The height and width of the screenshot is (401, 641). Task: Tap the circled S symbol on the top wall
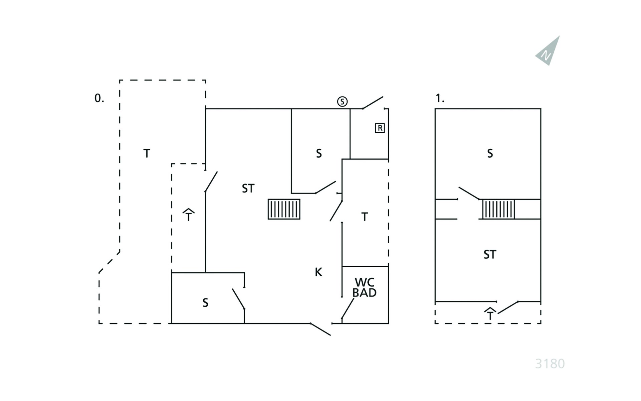coord(342,101)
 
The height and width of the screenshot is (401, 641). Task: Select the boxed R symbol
coord(380,128)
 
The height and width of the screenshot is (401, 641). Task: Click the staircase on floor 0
coord(284,209)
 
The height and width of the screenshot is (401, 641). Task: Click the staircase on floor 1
coord(498,209)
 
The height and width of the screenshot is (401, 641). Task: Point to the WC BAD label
coord(365,287)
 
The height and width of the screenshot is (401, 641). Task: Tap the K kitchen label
coord(318,272)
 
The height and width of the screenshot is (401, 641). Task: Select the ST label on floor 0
coord(248,188)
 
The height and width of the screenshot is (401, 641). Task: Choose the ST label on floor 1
coord(490,255)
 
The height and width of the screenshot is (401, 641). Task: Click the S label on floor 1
coord(490,153)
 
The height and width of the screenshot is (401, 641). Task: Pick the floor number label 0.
coord(99,98)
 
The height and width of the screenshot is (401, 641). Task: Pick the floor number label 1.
coord(440,98)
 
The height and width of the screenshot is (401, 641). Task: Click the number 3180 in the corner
coord(550,364)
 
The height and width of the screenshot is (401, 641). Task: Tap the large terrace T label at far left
coord(147,153)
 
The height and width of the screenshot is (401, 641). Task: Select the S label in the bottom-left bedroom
coord(205,303)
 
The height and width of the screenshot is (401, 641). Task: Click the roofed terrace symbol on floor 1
coord(490,313)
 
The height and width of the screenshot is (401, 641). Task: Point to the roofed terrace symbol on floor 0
coord(189,215)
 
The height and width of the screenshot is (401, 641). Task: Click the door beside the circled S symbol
coord(373,103)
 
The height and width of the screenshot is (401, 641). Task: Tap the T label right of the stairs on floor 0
coord(365,217)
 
